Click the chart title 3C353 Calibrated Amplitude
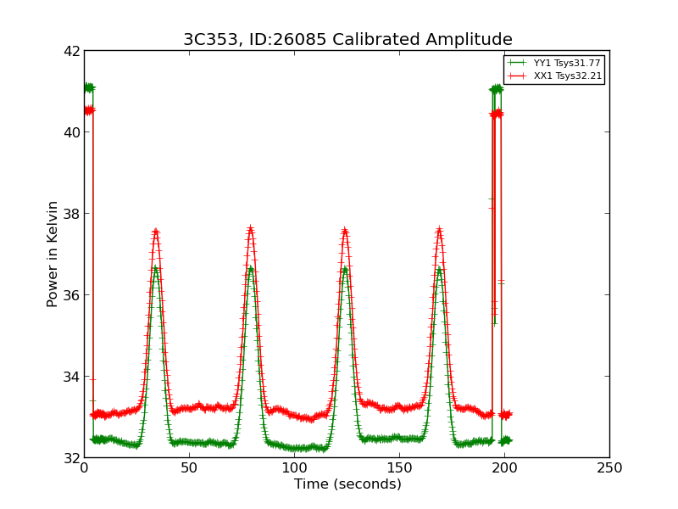(347, 40)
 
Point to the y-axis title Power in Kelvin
(53, 254)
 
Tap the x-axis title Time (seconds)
(347, 484)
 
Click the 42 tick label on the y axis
(70, 51)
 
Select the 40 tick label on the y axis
(70, 132)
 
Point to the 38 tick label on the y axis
(70, 214)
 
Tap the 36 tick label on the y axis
(70, 295)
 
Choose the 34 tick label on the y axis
(70, 377)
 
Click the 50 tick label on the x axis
(189, 468)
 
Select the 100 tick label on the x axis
(294, 468)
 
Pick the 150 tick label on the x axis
(399, 468)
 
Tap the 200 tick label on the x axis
(504, 468)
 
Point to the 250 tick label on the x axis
(609, 468)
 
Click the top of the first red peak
(156, 230)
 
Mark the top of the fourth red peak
(439, 229)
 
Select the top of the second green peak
(251, 269)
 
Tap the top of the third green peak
(345, 269)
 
